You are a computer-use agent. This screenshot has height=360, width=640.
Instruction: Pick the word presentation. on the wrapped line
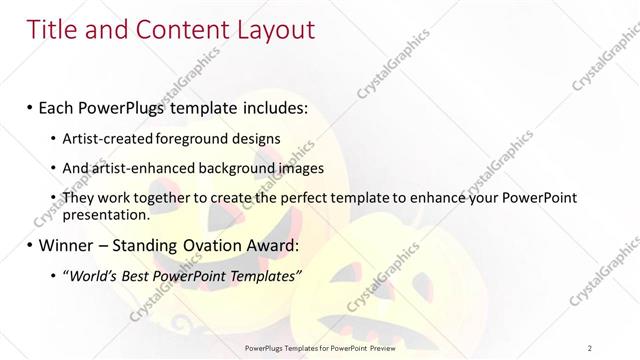[106, 215]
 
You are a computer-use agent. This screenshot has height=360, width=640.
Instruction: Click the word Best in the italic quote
[139, 276]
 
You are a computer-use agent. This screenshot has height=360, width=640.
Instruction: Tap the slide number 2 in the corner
[589, 348]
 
